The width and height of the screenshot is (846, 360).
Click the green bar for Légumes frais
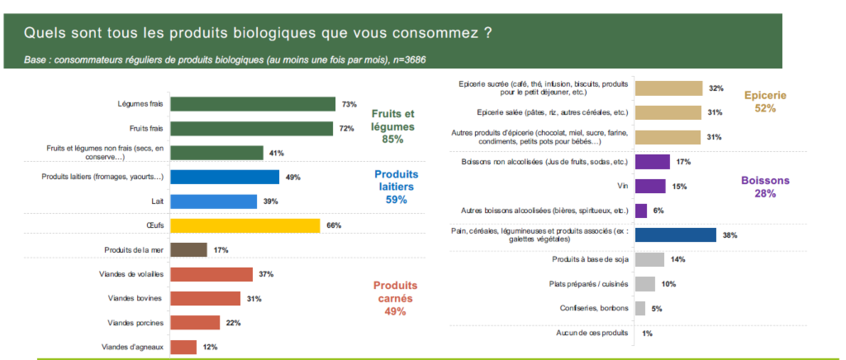pyautogui.click(x=252, y=104)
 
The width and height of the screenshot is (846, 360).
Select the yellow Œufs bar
pyautogui.click(x=245, y=225)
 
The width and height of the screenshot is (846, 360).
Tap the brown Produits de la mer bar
pyautogui.click(x=188, y=249)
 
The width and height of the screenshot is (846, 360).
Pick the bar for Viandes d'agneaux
pyautogui.click(x=183, y=347)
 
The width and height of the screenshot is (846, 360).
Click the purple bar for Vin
pyautogui.click(x=652, y=187)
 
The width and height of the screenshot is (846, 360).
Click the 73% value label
pyautogui.click(x=349, y=104)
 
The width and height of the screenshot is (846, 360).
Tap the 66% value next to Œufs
pyautogui.click(x=334, y=225)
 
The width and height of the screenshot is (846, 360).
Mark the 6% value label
pyautogui.click(x=658, y=211)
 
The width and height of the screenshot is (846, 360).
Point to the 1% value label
pyautogui.click(x=647, y=333)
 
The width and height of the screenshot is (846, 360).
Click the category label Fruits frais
pyautogui.click(x=145, y=128)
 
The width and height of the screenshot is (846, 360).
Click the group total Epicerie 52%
pyautogui.click(x=765, y=102)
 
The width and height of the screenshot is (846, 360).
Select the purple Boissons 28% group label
pyautogui.click(x=766, y=187)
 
